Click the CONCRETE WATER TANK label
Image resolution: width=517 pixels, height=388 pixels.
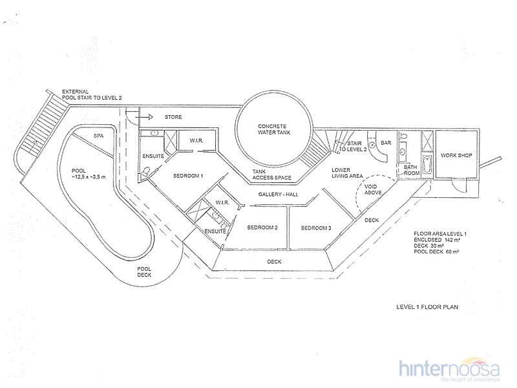tap(274, 129)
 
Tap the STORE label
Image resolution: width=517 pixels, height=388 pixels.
tap(173, 117)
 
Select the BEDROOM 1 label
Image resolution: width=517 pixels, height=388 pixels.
tap(188, 176)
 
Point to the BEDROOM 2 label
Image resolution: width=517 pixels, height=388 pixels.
tap(262, 228)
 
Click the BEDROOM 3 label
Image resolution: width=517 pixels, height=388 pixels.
tap(316, 228)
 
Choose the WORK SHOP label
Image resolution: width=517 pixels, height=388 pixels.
tap(456, 155)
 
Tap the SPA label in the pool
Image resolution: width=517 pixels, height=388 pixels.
tap(99, 136)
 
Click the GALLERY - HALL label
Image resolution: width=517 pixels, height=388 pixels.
tap(279, 195)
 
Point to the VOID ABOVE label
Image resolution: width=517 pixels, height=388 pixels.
tap(373, 189)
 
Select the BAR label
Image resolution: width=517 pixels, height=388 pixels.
tap(386, 143)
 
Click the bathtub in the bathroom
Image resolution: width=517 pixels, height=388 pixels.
tap(427, 164)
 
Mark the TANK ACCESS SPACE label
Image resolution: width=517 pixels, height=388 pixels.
tap(271, 175)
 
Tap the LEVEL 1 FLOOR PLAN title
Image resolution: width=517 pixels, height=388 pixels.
tap(427, 307)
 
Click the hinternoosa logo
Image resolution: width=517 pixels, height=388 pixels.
tap(449, 369)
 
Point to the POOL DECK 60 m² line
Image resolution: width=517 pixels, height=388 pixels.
tap(437, 252)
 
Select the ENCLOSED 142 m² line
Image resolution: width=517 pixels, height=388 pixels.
tap(437, 240)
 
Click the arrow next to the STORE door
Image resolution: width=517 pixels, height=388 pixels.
tap(145, 117)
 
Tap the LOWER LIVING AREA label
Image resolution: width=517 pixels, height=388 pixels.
tap(347, 173)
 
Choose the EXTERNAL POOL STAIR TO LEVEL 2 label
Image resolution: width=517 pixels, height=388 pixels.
tap(92, 94)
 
